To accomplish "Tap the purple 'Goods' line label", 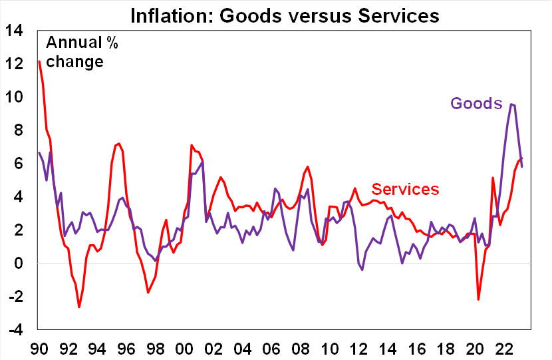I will pyautogui.click(x=476, y=103).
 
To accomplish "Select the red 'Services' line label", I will pyautogui.click(x=405, y=189).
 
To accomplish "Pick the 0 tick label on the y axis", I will pyautogui.click(x=19, y=264).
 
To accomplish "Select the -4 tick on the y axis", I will pyautogui.click(x=16, y=330).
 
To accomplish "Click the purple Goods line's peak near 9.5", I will pyautogui.click(x=511, y=104).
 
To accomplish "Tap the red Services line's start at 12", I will pyautogui.click(x=39, y=62).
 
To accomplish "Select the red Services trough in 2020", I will pyautogui.click(x=478, y=299).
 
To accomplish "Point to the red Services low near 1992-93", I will pyautogui.click(x=79, y=307).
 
